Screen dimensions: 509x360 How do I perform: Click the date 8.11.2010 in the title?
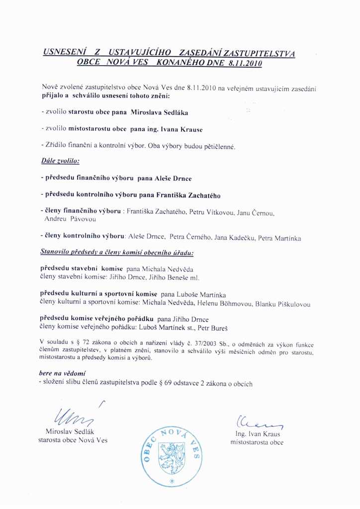(244, 63)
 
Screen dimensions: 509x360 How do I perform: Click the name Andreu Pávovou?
(70, 219)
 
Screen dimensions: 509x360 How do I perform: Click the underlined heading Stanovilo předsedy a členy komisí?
(117, 253)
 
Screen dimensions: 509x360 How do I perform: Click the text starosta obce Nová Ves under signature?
(73, 440)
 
